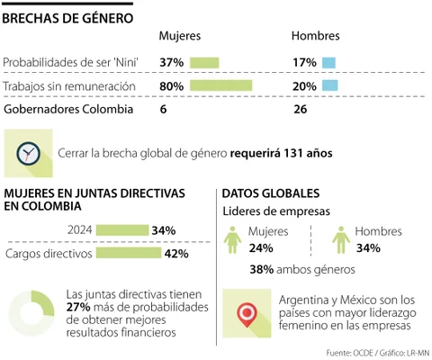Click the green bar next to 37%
click(204, 63)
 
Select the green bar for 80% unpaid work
click(221, 85)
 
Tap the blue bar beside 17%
click(328, 63)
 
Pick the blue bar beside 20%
click(330, 85)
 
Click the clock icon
click(28, 153)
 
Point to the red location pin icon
click(247, 314)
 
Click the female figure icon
click(232, 240)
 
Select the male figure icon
click(341, 240)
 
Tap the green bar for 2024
click(122, 230)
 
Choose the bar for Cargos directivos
click(129, 253)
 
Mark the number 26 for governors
click(301, 109)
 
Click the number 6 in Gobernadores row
click(163, 109)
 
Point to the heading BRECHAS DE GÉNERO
click(67, 18)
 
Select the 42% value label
click(176, 254)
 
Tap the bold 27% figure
click(78, 307)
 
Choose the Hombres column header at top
click(316, 36)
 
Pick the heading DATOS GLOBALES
click(271, 193)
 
